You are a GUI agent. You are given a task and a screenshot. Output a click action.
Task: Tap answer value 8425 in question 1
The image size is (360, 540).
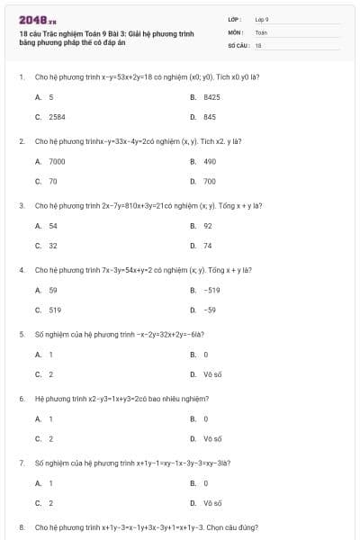211,96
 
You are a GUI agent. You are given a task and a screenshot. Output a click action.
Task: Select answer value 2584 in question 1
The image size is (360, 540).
57,117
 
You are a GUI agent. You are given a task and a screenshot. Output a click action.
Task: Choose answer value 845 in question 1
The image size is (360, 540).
210,117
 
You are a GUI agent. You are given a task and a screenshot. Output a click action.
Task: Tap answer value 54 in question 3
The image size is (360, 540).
53,226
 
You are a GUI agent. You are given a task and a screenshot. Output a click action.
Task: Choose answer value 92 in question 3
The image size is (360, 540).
208,226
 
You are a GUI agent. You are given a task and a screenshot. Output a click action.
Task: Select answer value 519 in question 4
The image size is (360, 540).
55,310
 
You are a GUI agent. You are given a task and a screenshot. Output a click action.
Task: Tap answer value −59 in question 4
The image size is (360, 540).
210,310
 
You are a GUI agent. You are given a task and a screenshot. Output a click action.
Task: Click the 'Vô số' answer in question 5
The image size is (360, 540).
212,374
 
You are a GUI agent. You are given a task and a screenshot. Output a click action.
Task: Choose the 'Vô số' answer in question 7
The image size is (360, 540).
212,503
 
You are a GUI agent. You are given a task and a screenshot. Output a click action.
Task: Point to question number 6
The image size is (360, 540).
21,398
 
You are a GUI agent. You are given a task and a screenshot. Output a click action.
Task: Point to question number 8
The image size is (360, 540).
21,526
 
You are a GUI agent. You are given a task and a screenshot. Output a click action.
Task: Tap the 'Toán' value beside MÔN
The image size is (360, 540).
261,31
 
